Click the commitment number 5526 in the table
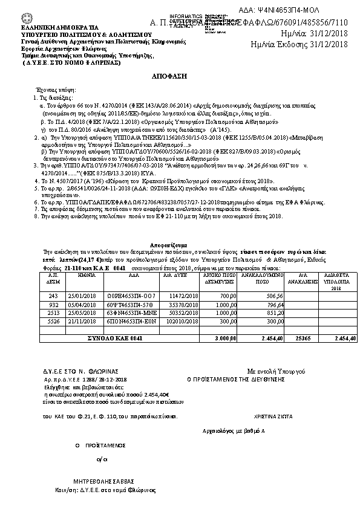coord(52,321)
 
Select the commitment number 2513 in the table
coord(52,313)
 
